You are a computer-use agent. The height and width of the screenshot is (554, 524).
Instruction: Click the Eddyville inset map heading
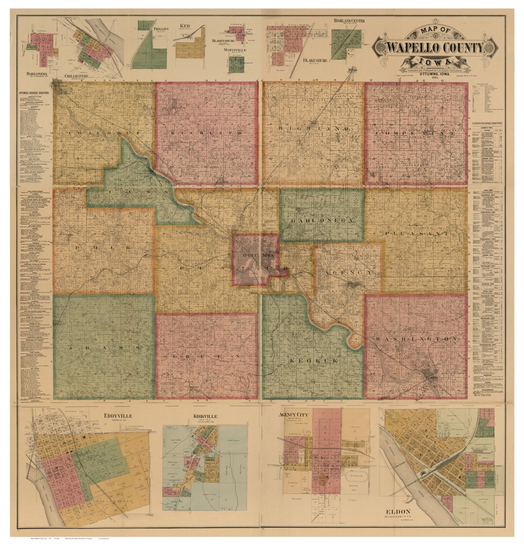(x=118, y=416)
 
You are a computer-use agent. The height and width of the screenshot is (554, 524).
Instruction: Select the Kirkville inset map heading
(x=204, y=416)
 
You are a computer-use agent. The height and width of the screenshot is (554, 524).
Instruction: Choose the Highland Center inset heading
(x=349, y=21)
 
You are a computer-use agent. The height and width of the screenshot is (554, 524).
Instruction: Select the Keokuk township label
(x=312, y=361)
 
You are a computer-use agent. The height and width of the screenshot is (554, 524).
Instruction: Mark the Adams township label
(x=104, y=348)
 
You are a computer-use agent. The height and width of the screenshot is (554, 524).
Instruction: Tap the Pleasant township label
(x=416, y=234)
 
